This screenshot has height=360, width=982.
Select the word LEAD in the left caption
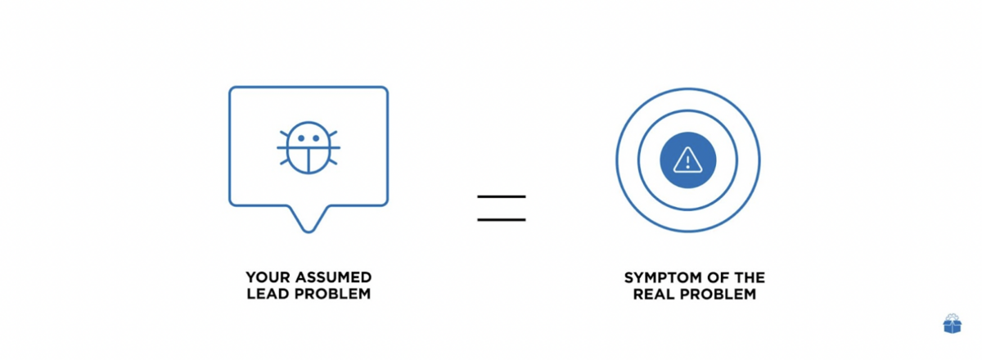click(268, 294)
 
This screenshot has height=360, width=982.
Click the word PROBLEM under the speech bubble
click(333, 294)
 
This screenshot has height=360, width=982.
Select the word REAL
click(653, 295)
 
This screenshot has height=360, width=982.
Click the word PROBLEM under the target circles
click(718, 295)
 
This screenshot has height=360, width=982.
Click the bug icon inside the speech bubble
click(309, 148)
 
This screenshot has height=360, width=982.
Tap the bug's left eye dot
click(301, 138)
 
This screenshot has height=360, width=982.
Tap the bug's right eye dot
click(316, 138)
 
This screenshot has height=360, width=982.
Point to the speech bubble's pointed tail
click(309, 230)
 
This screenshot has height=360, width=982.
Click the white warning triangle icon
click(688, 160)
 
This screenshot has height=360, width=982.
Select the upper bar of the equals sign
click(502, 197)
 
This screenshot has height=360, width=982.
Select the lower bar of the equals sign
click(502, 220)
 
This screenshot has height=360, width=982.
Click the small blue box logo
click(953, 324)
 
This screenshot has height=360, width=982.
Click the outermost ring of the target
click(688, 89)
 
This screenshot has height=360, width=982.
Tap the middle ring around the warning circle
click(688, 111)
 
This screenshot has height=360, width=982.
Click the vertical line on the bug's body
click(309, 160)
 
